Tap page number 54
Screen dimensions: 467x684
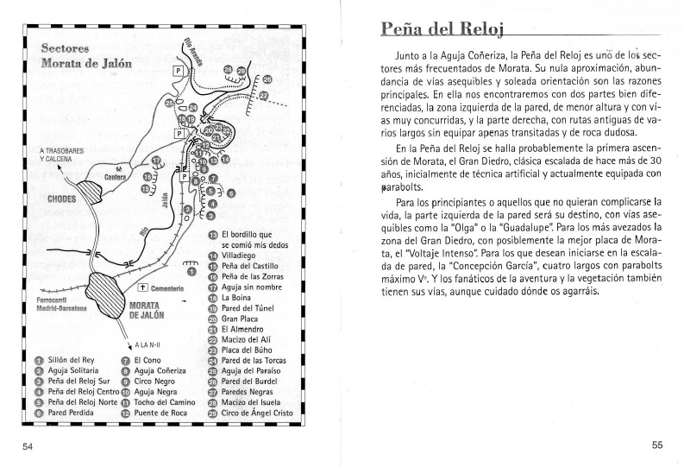(28, 445)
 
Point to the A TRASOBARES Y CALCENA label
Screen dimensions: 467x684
(61, 155)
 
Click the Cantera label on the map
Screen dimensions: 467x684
(116, 177)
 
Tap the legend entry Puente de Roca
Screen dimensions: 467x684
(160, 413)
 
